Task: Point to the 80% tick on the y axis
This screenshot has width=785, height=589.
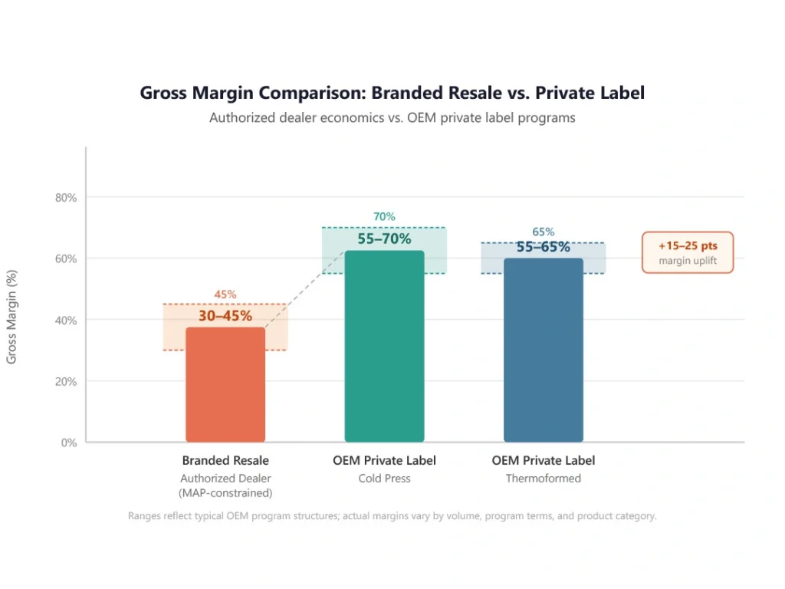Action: coord(65,197)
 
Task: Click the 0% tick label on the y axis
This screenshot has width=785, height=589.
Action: coord(68,443)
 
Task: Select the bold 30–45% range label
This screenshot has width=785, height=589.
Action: coord(225,315)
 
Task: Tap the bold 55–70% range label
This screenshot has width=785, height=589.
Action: coord(384,239)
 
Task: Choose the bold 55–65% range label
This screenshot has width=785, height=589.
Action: coord(543,247)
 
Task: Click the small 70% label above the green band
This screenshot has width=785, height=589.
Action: coord(384,217)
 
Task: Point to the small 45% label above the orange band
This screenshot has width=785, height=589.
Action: coord(225,294)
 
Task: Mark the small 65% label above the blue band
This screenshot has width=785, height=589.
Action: coord(543,232)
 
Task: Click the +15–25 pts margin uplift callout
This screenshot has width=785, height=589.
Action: coord(687,252)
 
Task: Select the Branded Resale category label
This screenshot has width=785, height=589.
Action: coord(225,461)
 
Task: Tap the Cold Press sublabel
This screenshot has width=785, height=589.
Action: coord(384,479)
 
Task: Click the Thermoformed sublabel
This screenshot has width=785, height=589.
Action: coord(543,479)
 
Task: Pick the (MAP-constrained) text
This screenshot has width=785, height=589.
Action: coord(225,493)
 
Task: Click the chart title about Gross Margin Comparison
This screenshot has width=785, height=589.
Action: coord(392,93)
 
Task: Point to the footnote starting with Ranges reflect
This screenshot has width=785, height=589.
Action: coord(392,516)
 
